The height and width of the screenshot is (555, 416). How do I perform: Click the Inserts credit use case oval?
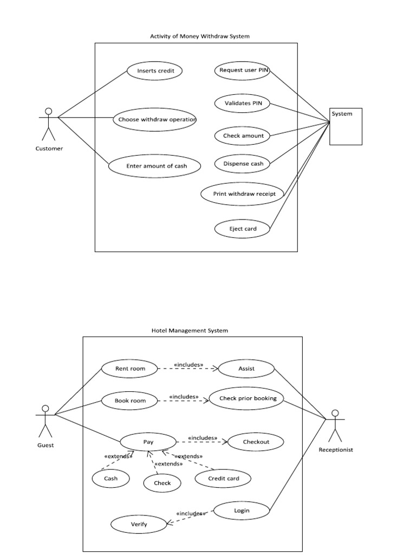click(x=154, y=70)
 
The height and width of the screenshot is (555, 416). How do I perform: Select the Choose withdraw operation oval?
click(x=154, y=119)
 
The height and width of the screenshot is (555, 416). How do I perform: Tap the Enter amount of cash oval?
click(x=156, y=166)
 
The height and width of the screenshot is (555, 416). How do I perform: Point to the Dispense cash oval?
click(x=243, y=164)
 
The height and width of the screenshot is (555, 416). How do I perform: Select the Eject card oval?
click(x=243, y=229)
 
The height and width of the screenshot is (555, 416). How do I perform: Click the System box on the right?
click(x=346, y=127)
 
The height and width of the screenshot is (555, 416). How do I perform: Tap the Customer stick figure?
click(x=49, y=125)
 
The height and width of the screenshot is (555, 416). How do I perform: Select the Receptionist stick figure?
click(x=335, y=425)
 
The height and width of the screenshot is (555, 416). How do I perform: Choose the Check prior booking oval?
click(x=248, y=398)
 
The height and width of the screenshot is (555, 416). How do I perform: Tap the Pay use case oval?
click(x=148, y=442)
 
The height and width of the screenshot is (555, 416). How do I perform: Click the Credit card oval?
click(x=223, y=479)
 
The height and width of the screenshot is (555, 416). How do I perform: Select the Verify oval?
click(x=139, y=524)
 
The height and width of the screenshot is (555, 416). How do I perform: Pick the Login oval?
click(x=242, y=511)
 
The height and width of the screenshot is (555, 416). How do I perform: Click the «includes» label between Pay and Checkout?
click(x=203, y=437)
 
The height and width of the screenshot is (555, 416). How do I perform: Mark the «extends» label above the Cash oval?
click(x=118, y=456)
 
